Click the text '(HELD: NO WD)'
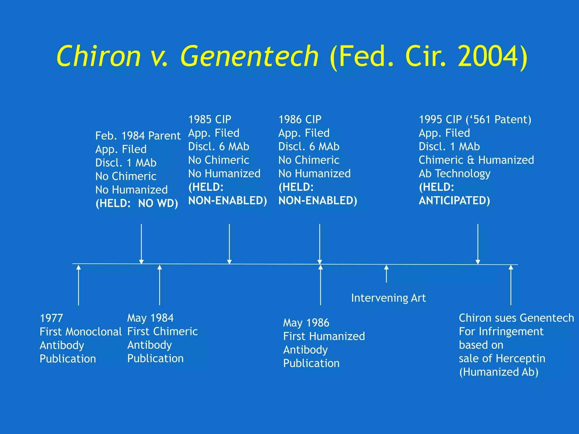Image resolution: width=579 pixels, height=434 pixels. [x=137, y=203]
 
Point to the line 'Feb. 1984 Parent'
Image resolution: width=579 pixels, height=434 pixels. [x=138, y=136]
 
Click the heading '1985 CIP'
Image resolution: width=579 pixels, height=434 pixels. [x=209, y=120]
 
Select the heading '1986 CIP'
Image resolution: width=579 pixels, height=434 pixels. [x=300, y=120]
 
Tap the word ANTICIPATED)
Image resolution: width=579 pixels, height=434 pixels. [x=454, y=201]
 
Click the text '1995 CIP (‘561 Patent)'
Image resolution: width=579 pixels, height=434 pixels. [x=475, y=120]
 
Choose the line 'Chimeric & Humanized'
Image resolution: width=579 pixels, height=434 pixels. [x=476, y=160]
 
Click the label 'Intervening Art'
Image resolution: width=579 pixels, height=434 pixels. [x=388, y=298]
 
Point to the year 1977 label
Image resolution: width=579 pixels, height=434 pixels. [x=51, y=318]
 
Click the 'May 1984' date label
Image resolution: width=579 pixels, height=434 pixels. [x=150, y=318]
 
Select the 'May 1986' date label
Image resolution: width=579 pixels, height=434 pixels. [x=306, y=323]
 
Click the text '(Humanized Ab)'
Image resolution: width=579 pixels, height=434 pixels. [x=499, y=372]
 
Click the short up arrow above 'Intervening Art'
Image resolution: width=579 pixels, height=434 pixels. [x=386, y=274]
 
